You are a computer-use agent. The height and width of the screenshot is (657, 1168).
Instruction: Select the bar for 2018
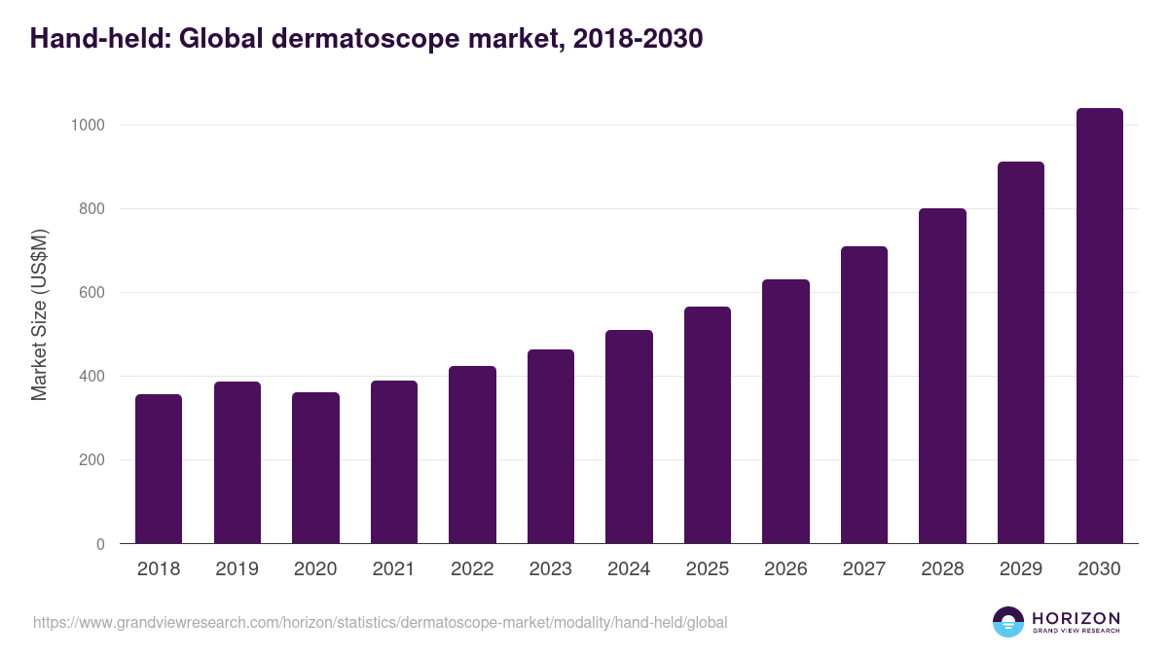point(159,469)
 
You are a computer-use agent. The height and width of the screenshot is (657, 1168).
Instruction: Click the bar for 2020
point(315,468)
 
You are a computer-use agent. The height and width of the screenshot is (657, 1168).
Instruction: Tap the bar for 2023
point(550,447)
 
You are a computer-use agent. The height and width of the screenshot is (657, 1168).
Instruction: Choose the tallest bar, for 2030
point(1099,326)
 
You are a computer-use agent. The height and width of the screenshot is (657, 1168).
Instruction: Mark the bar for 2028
point(942,376)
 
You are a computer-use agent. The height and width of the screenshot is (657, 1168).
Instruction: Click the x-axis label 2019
point(237,569)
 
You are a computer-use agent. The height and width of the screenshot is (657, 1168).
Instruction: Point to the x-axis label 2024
point(629,569)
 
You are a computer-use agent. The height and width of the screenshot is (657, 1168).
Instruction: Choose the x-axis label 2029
point(1021,569)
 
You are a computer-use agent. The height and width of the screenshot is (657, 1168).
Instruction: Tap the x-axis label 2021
point(393,569)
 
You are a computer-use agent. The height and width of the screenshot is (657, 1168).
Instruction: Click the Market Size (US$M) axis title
point(39,314)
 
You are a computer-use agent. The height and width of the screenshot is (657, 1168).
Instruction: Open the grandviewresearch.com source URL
point(380,622)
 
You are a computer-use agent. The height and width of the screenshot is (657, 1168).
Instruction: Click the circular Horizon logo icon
point(1008,622)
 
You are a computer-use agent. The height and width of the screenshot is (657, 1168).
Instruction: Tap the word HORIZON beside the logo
point(1076,617)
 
